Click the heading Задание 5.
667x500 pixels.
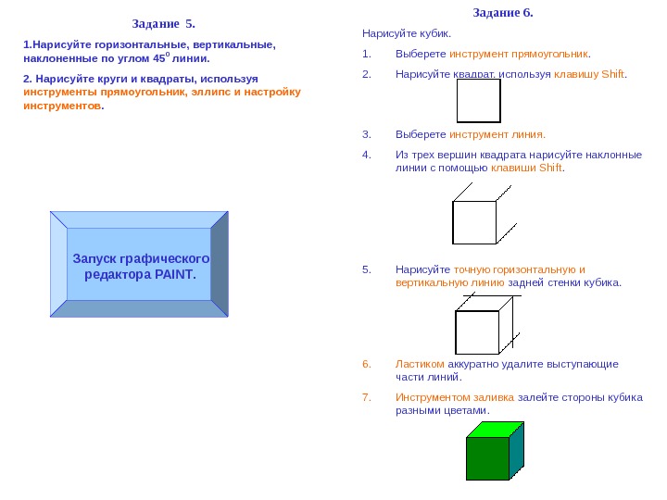coord(164,22)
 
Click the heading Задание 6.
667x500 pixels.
coord(503,13)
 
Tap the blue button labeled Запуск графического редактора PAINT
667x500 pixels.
coord(140,266)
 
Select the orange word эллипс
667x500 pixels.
coord(212,92)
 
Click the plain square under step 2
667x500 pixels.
coord(478,101)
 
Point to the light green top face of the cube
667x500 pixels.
coord(496,429)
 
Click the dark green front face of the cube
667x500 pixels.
coord(487,457)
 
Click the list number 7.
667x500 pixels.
coord(366,397)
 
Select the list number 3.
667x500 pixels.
coord(366,133)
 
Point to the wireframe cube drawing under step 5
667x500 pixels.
coord(483,325)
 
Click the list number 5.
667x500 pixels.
coord(366,269)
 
